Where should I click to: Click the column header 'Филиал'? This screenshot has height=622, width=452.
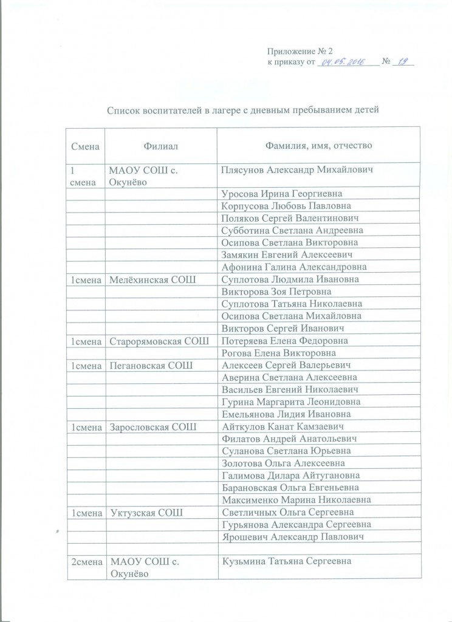point(161,146)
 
